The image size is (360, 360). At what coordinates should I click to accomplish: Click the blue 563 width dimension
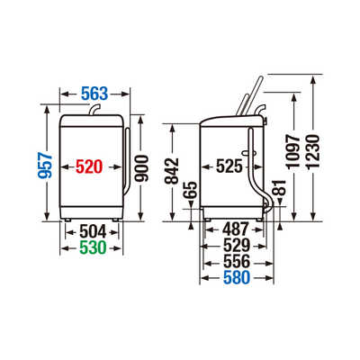(94, 94)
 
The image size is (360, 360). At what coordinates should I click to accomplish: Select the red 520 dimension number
(89, 166)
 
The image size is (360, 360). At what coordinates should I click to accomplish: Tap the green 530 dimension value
(93, 247)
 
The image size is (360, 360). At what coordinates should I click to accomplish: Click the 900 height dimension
(141, 168)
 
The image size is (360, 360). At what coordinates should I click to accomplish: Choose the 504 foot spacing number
(93, 232)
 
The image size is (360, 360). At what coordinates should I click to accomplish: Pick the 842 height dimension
(172, 171)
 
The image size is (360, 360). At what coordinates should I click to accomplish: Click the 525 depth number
(229, 166)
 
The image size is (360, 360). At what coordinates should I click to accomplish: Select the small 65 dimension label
(191, 190)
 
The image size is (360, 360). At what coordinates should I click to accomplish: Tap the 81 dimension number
(280, 188)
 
